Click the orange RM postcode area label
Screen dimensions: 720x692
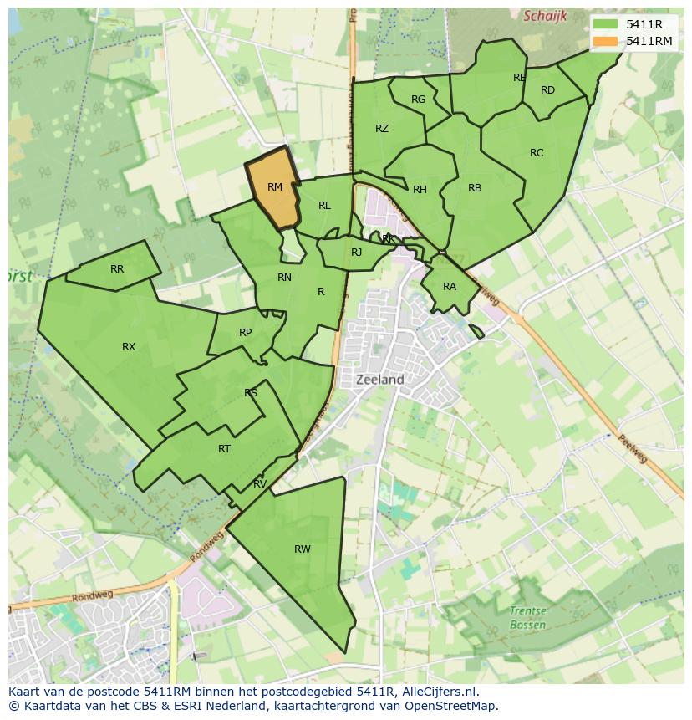pos(275,187)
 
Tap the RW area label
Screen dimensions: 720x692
pos(303,549)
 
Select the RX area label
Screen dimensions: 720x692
pos(129,347)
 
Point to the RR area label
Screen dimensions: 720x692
pos(117,269)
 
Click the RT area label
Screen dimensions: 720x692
pos(224,449)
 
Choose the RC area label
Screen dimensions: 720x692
pos(537,153)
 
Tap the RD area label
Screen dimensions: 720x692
pos(547,90)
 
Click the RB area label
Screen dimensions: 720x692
pos(475,188)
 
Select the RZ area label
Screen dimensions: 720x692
pos(382,129)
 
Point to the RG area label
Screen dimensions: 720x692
pos(419,100)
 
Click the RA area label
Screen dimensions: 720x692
pos(450,287)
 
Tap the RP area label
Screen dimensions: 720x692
pos(245,333)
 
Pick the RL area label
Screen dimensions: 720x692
pos(324,206)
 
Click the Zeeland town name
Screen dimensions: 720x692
pos(380,380)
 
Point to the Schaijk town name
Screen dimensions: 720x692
pos(545,16)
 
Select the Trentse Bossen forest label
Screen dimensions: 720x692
pos(527,618)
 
